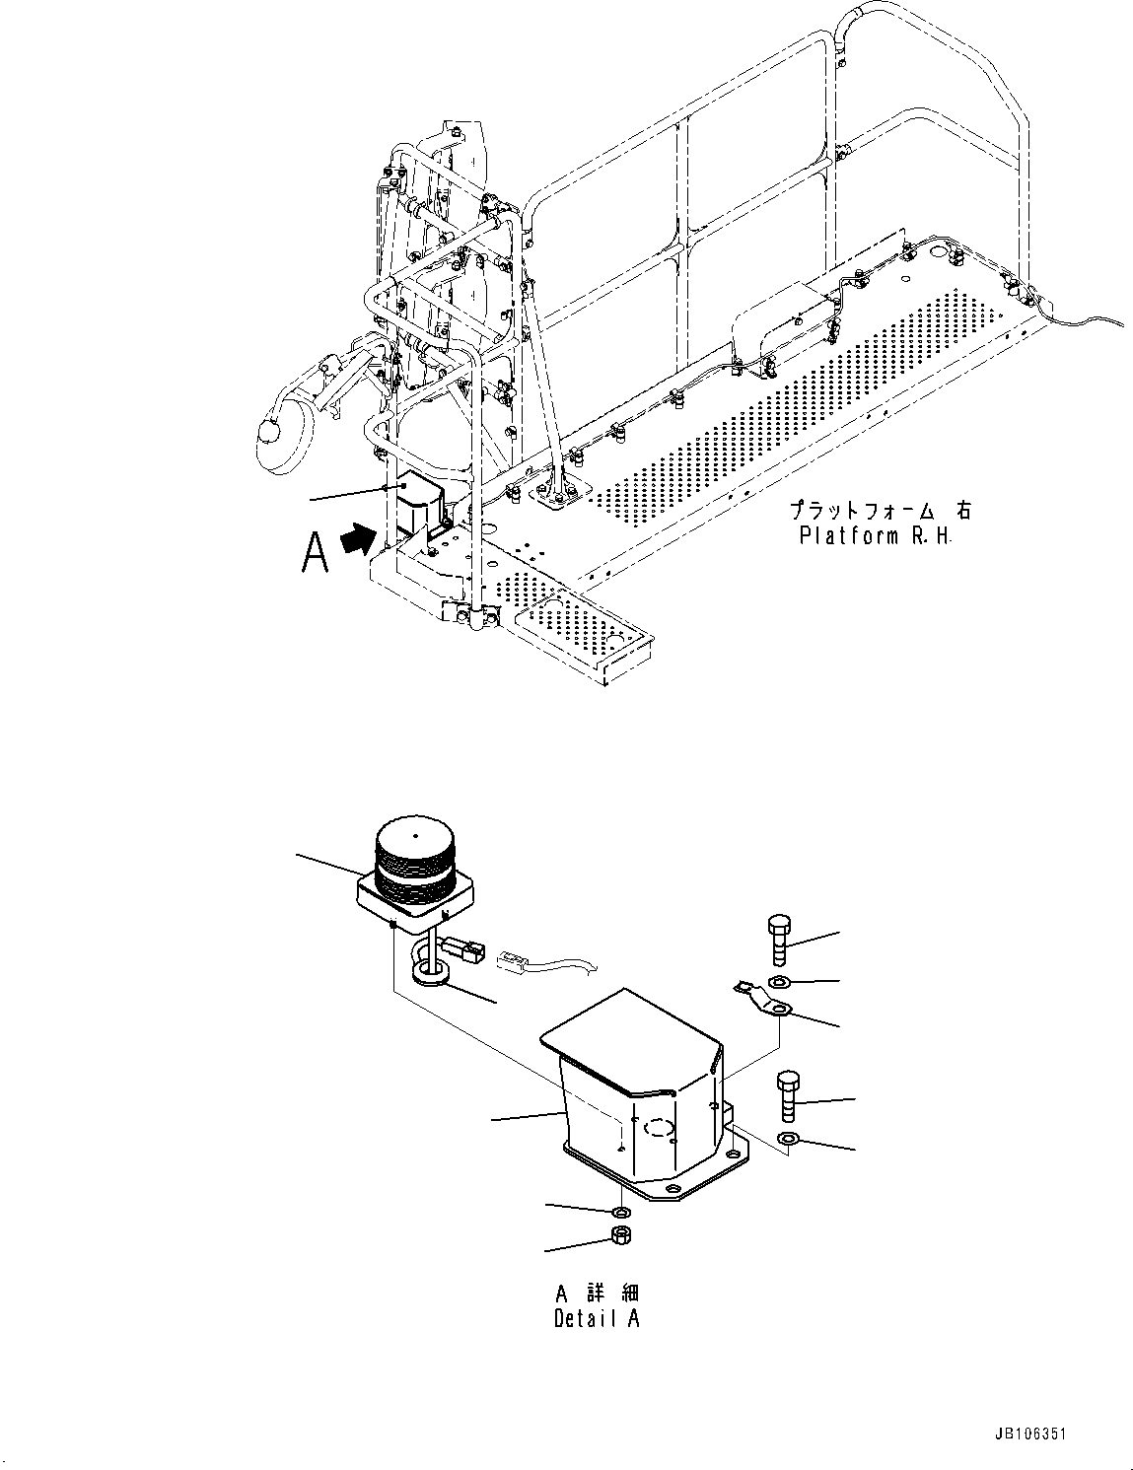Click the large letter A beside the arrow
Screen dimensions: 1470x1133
tap(316, 552)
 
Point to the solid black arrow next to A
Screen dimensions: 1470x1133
tap(359, 539)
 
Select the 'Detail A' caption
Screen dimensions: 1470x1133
tap(597, 1318)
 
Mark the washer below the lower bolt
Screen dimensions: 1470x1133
tap(789, 1140)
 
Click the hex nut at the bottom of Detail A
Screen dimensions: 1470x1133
tap(621, 1236)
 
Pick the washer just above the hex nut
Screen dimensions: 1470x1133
tap(621, 1212)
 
